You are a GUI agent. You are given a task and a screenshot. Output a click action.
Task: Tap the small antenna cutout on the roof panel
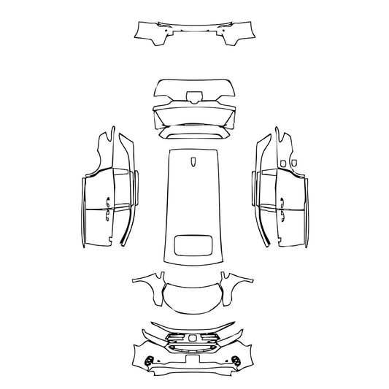(194, 162)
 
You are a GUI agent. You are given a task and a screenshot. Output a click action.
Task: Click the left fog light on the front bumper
(151, 359)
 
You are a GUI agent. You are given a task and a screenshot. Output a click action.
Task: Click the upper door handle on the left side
(108, 182)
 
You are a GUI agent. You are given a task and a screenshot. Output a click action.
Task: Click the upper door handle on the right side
(280, 182)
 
